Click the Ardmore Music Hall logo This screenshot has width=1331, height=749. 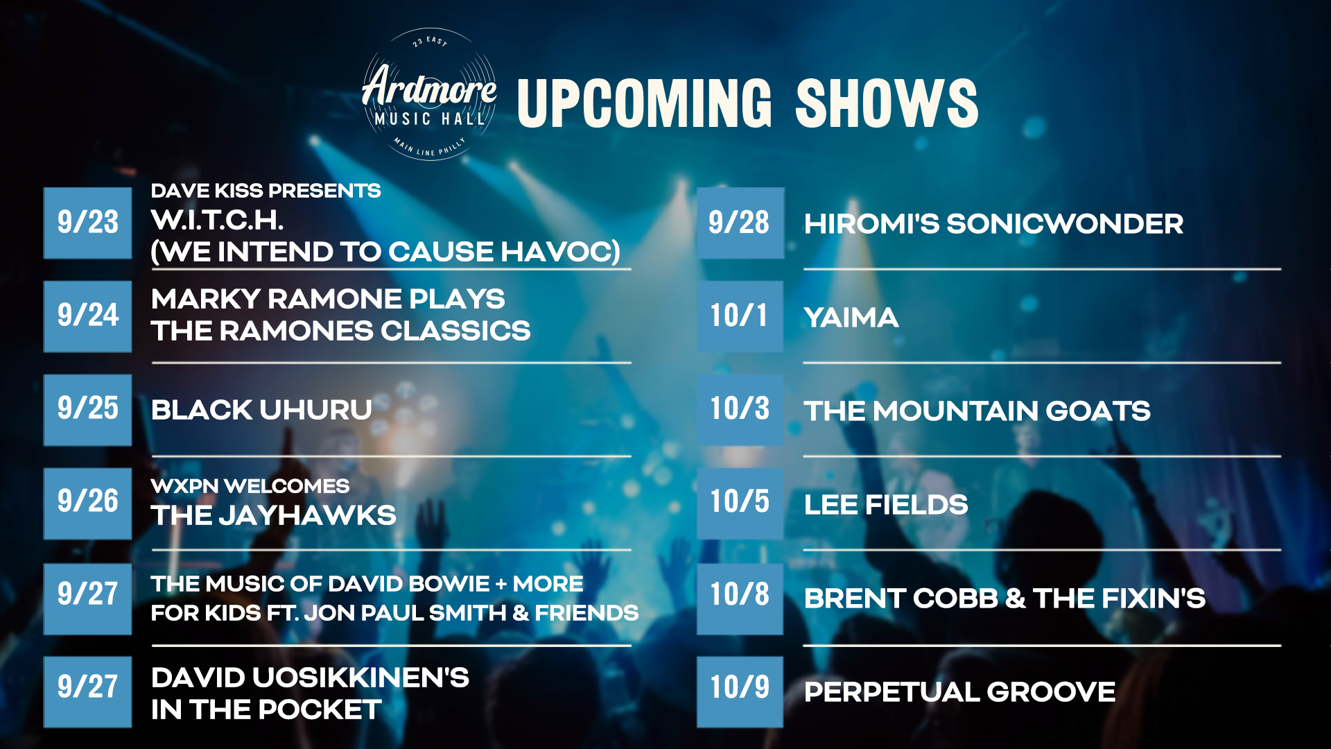[429, 94]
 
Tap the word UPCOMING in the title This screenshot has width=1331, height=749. [644, 103]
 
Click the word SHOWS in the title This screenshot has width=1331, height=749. [887, 103]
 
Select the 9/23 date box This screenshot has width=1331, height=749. [87, 223]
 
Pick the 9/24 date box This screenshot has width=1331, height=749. [87, 316]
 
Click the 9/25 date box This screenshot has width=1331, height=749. [87, 410]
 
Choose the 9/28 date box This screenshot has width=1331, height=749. [740, 223]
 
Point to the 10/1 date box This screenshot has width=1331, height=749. [740, 316]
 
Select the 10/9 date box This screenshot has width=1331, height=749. [740, 691]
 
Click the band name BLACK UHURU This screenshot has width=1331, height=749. [261, 410]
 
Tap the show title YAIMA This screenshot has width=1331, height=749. [851, 318]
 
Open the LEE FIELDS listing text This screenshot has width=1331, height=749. [886, 505]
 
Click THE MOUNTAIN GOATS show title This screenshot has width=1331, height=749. [977, 411]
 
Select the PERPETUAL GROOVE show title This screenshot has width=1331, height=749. [960, 692]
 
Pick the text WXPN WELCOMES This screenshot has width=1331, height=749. [250, 486]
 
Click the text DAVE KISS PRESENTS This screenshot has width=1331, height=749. [266, 191]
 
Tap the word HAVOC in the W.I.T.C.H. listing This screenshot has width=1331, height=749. [560, 252]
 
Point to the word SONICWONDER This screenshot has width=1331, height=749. [1065, 224]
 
